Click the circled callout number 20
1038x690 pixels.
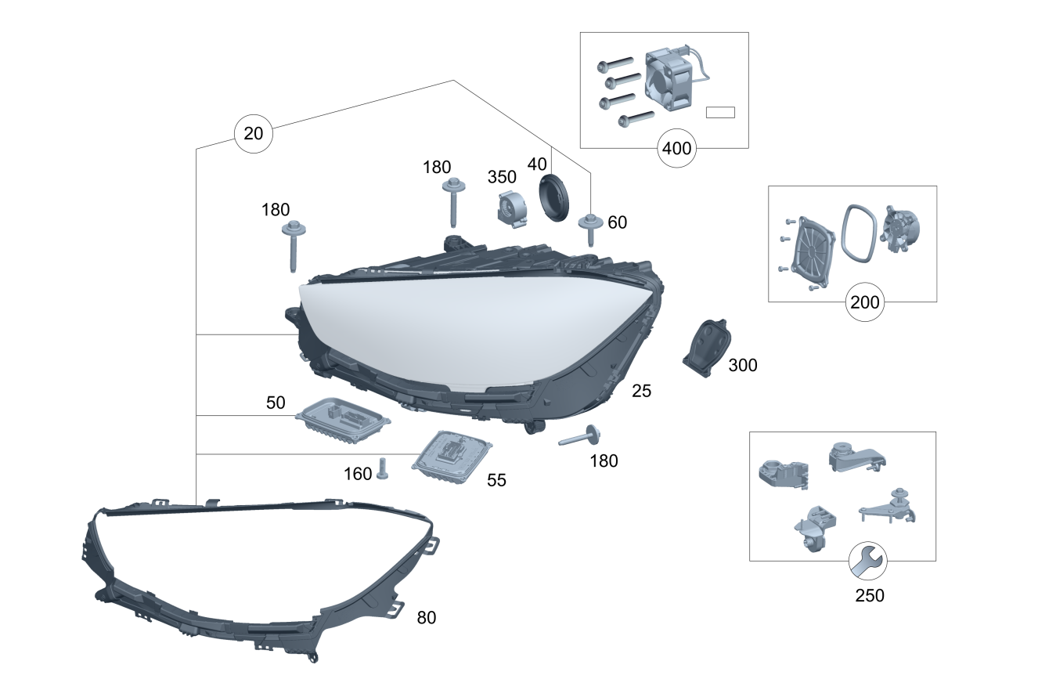pyautogui.click(x=254, y=133)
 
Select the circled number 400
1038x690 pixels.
pyautogui.click(x=677, y=148)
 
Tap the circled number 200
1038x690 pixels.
pyautogui.click(x=865, y=302)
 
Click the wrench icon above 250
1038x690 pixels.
pyautogui.click(x=868, y=560)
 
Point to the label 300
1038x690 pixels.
pyautogui.click(x=742, y=365)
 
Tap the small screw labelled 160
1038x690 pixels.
pyautogui.click(x=383, y=468)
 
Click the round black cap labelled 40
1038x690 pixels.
pyautogui.click(x=555, y=198)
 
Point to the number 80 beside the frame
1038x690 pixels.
pyautogui.click(x=427, y=618)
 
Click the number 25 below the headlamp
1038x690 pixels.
pyautogui.click(x=641, y=391)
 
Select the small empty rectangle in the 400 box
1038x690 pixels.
pyautogui.click(x=720, y=112)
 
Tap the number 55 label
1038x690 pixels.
pyautogui.click(x=496, y=481)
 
